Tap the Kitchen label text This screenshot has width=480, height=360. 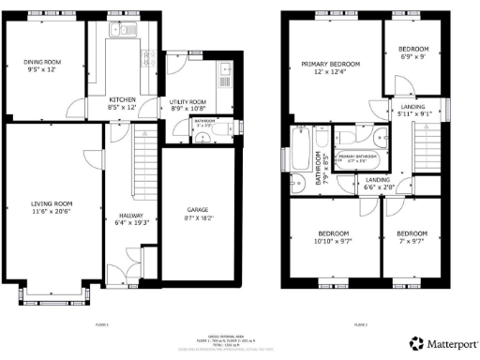[x=123, y=98]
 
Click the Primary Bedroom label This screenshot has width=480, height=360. [x=330, y=64]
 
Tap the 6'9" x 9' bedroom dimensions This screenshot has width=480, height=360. [x=413, y=56]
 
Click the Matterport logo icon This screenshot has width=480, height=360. [x=415, y=343]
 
